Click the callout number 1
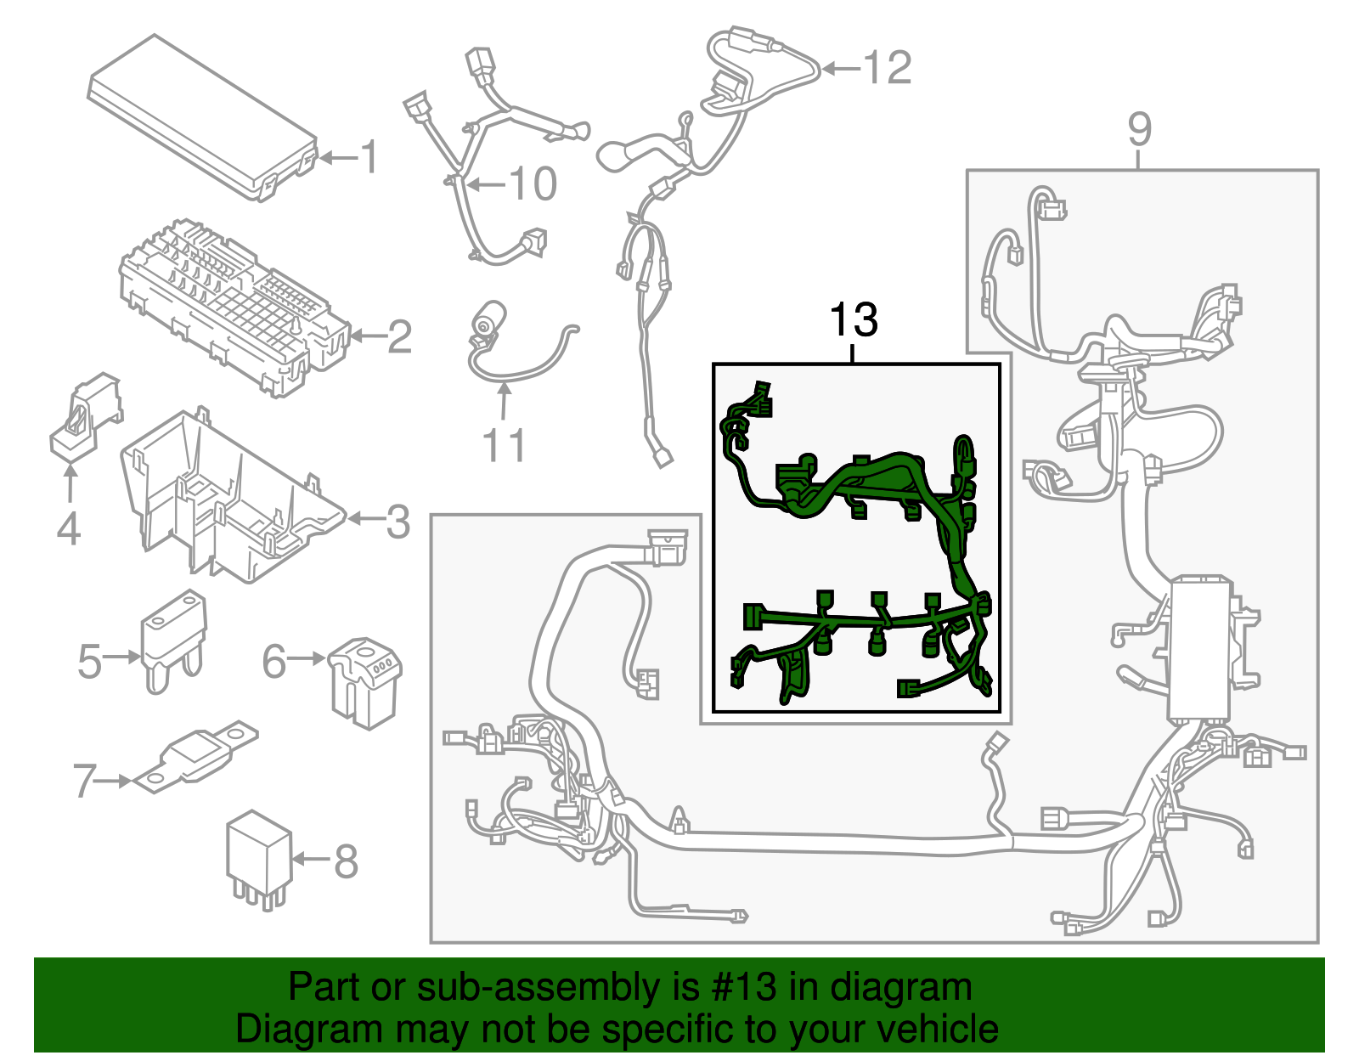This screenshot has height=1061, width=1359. (369, 158)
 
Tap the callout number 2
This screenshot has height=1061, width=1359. (399, 337)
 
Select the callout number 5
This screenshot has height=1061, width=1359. (89, 662)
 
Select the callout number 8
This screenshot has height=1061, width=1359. (346, 861)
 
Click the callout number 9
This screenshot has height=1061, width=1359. (1140, 129)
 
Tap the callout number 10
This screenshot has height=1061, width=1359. (533, 184)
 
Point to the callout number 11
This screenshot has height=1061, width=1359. (504, 445)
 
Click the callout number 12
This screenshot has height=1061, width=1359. (888, 68)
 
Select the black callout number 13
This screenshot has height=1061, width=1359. (853, 320)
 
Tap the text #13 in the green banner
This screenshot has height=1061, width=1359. (738, 988)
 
